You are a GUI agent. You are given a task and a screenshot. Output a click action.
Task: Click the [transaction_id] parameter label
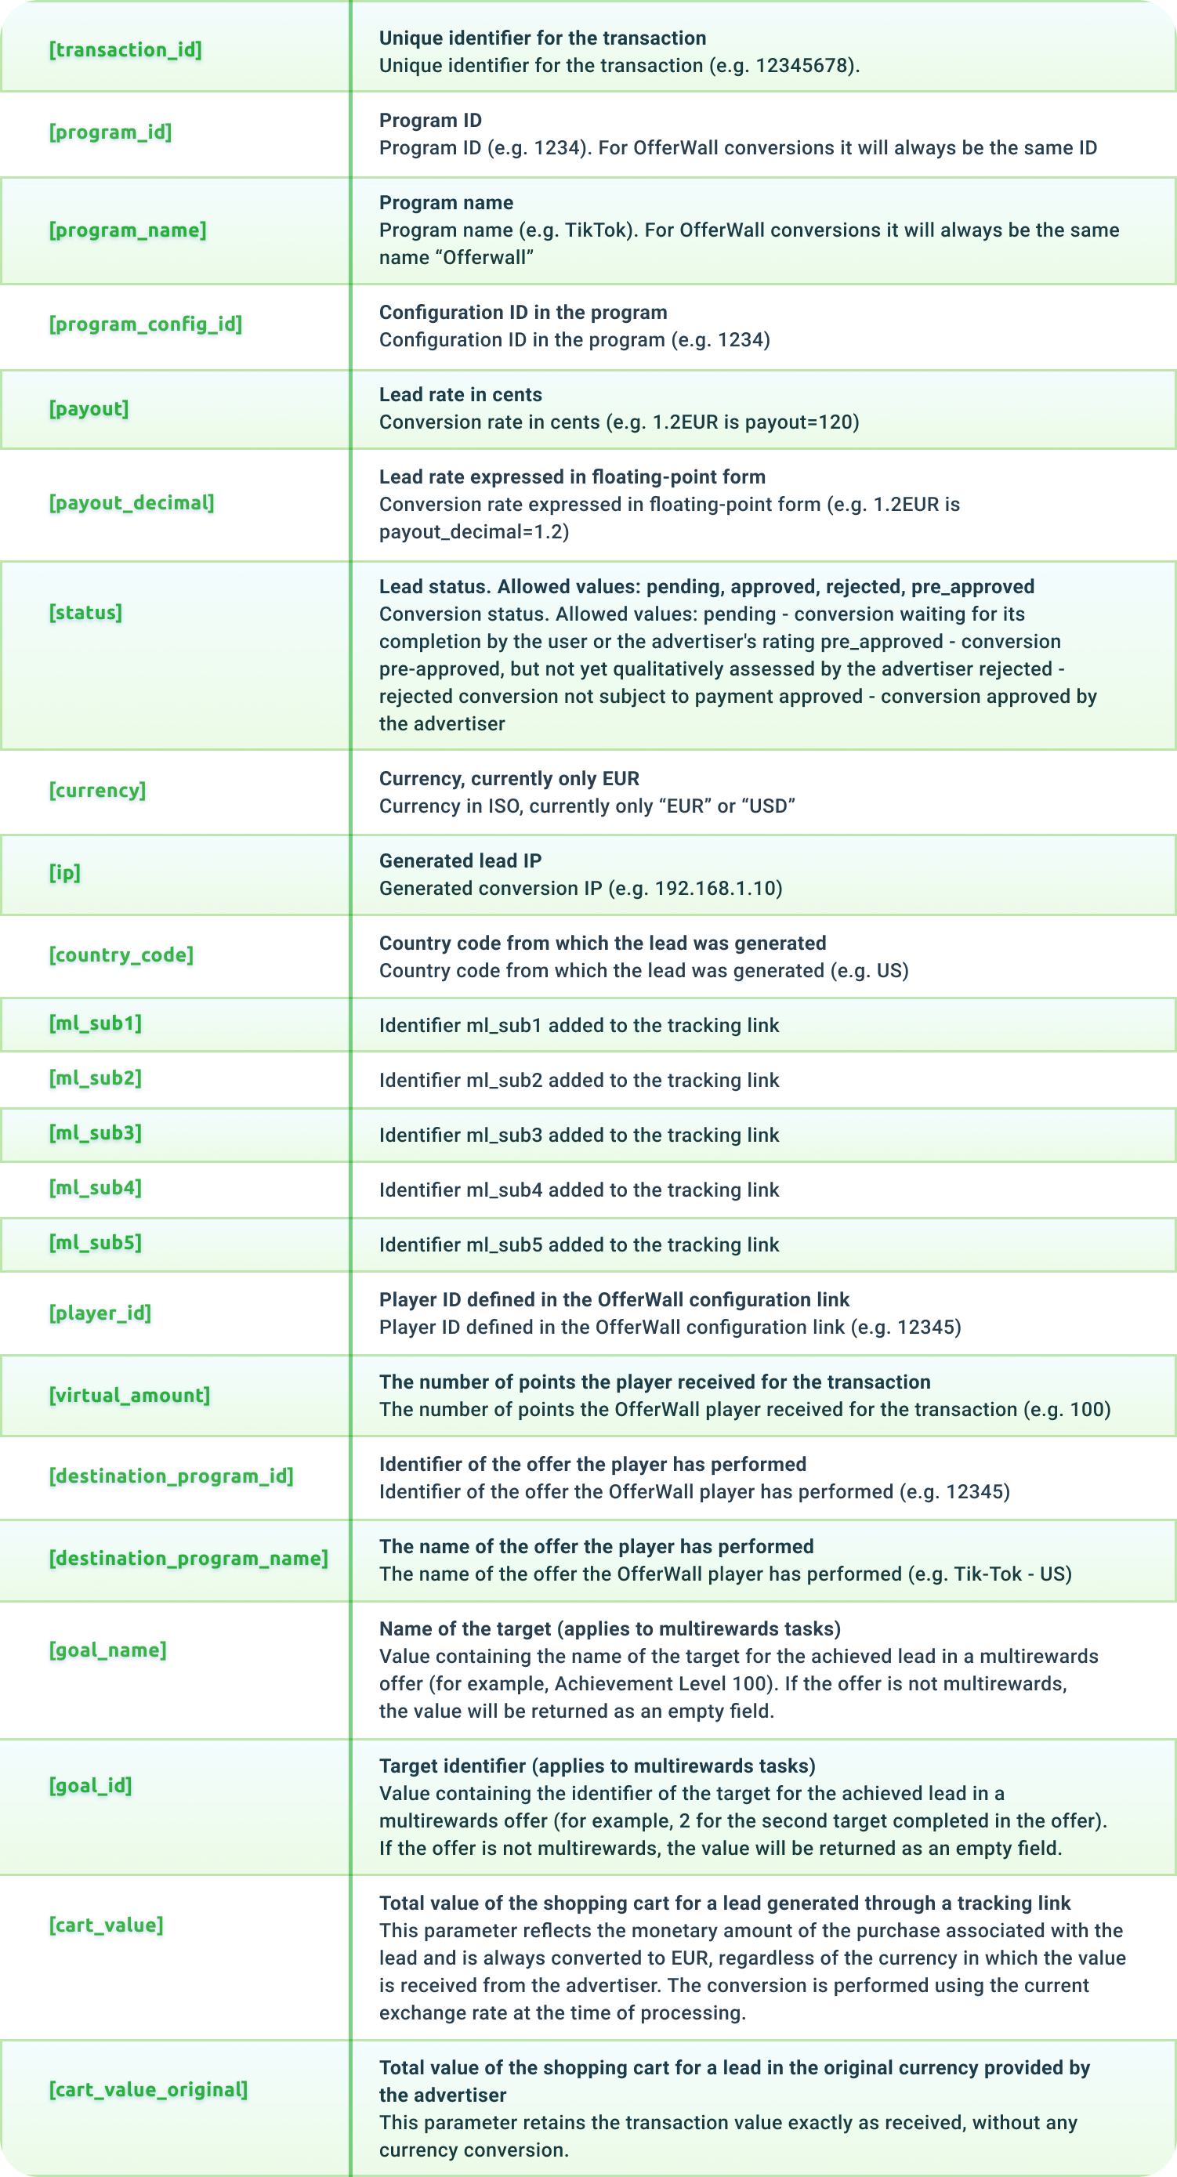coord(125,50)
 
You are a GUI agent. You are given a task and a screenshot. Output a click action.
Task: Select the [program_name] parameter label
coord(128,230)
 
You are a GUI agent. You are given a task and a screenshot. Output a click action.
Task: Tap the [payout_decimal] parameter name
coord(132,503)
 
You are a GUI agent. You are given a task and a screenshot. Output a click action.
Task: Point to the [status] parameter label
coord(85,613)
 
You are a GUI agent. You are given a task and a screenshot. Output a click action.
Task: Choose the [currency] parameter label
coord(97,790)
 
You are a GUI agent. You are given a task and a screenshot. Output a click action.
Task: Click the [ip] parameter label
coord(65,872)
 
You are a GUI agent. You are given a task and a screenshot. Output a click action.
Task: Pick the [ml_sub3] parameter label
coord(96,1133)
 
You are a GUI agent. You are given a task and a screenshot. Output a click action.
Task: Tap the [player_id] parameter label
coord(100,1313)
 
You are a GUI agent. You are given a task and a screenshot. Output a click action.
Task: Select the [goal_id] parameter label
coord(90,1786)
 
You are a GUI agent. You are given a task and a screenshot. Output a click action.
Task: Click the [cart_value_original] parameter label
coord(149,2090)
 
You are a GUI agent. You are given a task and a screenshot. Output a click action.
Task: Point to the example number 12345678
coord(803,66)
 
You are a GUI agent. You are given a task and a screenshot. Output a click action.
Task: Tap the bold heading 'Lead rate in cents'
coord(461,395)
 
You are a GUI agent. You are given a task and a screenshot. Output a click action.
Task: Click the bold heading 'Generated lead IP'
coord(461,861)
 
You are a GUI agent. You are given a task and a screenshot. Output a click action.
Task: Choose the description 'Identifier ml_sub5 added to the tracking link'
coord(579,1245)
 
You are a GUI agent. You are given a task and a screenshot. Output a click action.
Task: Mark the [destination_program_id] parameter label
coord(172,1476)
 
